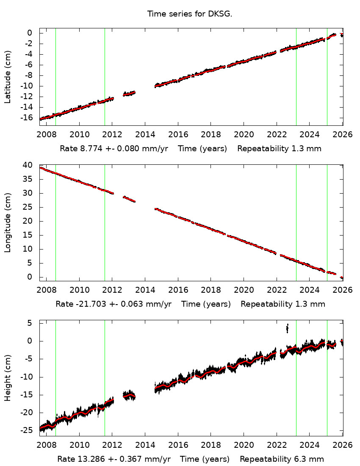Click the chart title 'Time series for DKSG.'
190,14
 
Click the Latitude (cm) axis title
8,77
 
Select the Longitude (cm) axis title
8,222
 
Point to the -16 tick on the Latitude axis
27,118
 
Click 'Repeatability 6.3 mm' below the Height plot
282,459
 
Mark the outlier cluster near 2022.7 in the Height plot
288,328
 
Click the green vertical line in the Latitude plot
327,76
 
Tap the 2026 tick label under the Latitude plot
342,135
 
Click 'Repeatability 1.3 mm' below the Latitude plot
279,149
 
